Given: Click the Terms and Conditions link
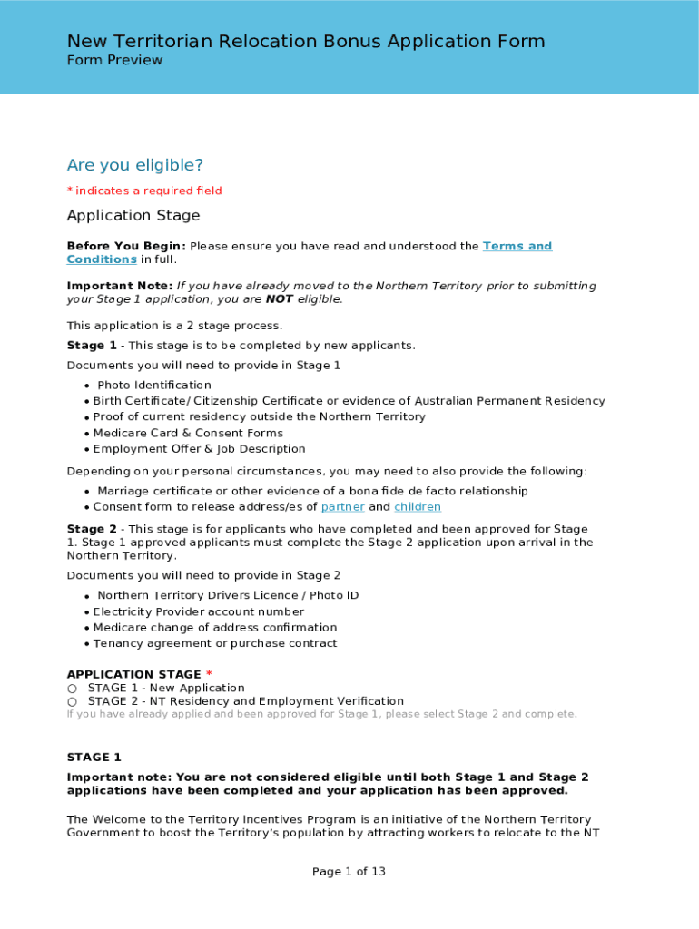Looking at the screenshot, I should tap(517, 247).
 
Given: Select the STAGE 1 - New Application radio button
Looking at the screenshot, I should tap(72, 689).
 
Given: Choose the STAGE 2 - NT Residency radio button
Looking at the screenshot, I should tap(72, 701).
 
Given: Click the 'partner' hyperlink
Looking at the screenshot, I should tap(342, 507).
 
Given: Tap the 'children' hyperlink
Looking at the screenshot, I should tap(418, 507).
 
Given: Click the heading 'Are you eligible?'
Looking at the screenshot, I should tap(135, 165).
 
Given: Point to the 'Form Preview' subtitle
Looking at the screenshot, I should tap(114, 61).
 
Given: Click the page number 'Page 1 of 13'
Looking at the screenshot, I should tap(349, 872).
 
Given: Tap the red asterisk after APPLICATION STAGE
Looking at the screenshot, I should tap(209, 674).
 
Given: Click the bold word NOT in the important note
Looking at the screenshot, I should tap(279, 299).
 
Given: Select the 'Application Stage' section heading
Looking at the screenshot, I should tap(133, 216).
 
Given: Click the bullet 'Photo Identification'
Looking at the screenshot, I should tap(154, 386).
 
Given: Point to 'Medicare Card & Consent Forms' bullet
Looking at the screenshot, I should tap(188, 433).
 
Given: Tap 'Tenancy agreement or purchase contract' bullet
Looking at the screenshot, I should tap(215, 643).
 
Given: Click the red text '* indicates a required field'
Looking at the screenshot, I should tap(144, 191).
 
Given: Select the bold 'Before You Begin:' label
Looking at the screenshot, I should tap(126, 247).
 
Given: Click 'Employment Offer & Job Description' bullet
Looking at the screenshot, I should tap(199, 449).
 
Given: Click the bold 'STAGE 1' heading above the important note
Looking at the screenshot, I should tap(94, 758).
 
